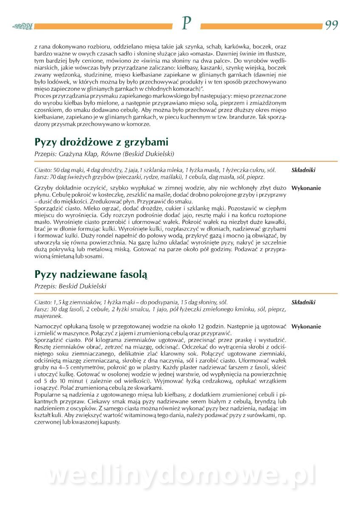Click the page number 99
click(332, 25)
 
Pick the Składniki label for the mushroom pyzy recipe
click(303, 170)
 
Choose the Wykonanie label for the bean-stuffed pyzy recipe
click(306, 327)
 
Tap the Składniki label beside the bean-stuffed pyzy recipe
click(303, 302)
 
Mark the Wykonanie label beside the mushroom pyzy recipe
click(306, 188)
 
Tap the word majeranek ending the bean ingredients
click(48, 316)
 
